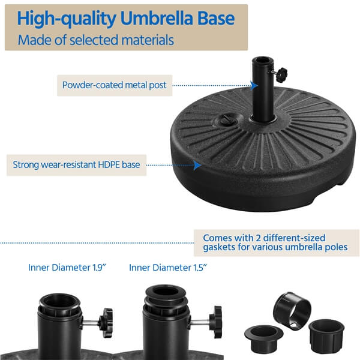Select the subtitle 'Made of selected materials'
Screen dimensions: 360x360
pyautogui.click(x=96, y=41)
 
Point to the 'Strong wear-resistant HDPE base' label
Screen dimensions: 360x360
pyautogui.click(x=76, y=164)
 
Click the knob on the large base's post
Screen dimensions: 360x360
pyautogui.click(x=279, y=74)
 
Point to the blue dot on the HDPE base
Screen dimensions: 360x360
pyautogui.click(x=197, y=164)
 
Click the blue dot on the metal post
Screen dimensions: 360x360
pyautogui.click(x=253, y=85)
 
